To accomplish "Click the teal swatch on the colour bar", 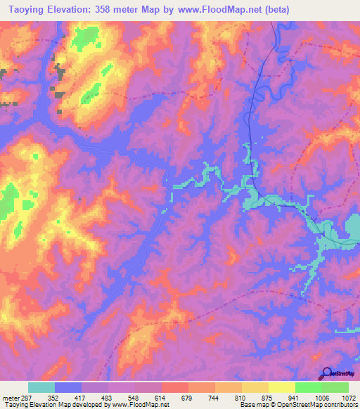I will (x=41, y=387).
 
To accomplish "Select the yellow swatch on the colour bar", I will (x=281, y=387).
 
